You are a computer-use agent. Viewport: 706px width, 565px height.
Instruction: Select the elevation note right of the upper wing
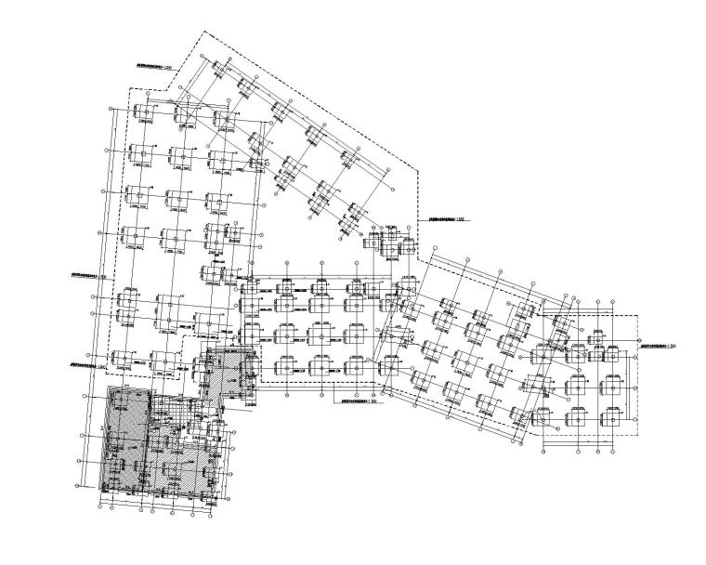tap(447, 219)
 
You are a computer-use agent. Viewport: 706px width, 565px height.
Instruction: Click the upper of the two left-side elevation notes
tap(89, 276)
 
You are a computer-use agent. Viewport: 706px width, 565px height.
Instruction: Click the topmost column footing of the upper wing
tap(220, 69)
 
